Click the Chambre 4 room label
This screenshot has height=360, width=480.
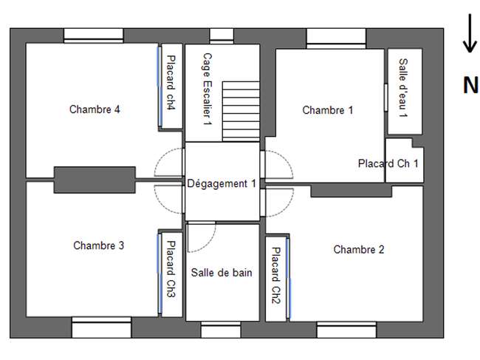pyautogui.click(x=95, y=109)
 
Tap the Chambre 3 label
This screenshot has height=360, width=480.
pyautogui.click(x=98, y=245)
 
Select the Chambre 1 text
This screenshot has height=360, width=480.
pyautogui.click(x=328, y=110)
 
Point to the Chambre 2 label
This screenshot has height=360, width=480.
pyautogui.click(x=359, y=249)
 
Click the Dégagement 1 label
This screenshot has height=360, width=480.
pyautogui.click(x=222, y=183)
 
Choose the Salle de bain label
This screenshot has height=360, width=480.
pyautogui.click(x=222, y=272)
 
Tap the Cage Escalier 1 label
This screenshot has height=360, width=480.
pyautogui.click(x=208, y=89)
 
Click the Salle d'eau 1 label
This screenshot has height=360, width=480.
pyautogui.click(x=403, y=88)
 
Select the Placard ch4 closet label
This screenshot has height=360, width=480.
pyautogui.click(x=171, y=82)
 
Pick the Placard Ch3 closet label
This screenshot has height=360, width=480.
pyautogui.click(x=171, y=269)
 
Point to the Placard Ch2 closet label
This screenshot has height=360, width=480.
pyautogui.click(x=276, y=276)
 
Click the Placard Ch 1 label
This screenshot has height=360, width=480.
pyautogui.click(x=388, y=163)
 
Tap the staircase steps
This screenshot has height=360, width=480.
pyautogui.click(x=241, y=111)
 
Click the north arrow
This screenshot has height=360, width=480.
pyautogui.click(x=470, y=33)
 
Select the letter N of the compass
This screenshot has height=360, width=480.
pyautogui.click(x=470, y=85)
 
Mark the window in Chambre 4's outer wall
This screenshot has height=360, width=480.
pyautogui.click(x=94, y=35)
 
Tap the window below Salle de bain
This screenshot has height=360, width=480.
pyautogui.click(x=221, y=330)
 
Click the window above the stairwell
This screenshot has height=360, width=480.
pyautogui.click(x=222, y=35)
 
